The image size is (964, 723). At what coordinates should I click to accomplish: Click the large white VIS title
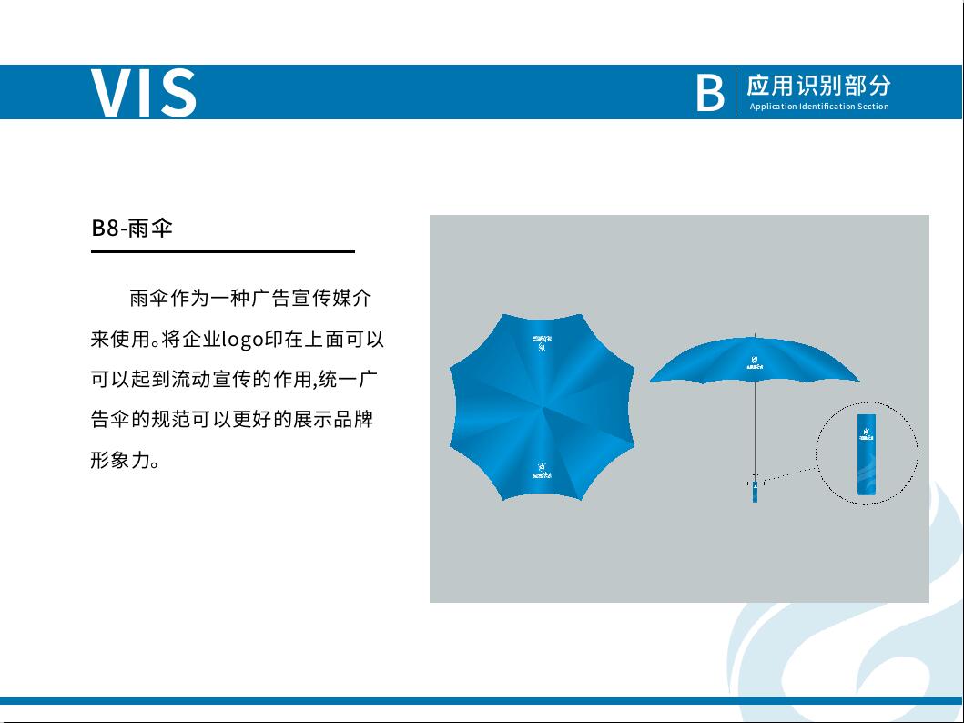[143, 93]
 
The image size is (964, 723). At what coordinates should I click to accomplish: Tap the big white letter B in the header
[710, 93]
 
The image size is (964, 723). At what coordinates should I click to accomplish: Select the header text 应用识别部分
[818, 86]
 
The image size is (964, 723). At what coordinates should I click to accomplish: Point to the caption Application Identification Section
[818, 107]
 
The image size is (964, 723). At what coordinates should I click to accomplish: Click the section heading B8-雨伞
[132, 228]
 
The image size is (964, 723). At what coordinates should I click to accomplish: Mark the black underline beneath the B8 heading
[222, 251]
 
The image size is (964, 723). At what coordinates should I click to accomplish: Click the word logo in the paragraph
[242, 340]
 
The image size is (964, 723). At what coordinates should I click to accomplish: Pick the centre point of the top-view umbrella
[543, 407]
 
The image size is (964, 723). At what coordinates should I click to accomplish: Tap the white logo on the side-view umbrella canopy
[755, 362]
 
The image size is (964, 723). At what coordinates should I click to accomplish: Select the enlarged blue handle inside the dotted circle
[866, 459]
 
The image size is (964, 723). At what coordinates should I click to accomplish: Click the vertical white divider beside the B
[736, 92]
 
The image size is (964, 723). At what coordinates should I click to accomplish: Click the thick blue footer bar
[482, 700]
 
